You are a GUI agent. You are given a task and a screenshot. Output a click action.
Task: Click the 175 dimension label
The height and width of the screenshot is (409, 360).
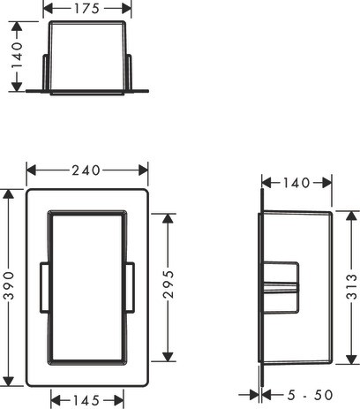(x=86, y=9)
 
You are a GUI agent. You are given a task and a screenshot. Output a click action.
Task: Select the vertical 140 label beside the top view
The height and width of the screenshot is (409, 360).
(x=17, y=55)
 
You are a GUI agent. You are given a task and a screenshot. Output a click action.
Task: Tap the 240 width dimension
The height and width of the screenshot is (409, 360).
(x=86, y=170)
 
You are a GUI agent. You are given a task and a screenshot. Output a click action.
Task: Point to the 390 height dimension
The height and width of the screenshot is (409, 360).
(x=9, y=285)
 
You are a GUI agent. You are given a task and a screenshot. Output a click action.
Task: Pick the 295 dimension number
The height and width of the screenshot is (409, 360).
(x=169, y=284)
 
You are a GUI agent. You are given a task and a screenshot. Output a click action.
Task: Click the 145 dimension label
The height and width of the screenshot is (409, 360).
(x=86, y=400)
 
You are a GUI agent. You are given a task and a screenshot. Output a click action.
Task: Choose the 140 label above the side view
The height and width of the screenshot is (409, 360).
(x=296, y=183)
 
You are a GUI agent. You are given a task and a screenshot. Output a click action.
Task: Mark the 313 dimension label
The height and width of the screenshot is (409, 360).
(x=351, y=286)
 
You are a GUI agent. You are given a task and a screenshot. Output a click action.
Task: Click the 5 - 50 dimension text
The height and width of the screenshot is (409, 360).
(x=310, y=395)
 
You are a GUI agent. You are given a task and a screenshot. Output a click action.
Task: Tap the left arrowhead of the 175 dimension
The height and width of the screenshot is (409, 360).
(x=48, y=9)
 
